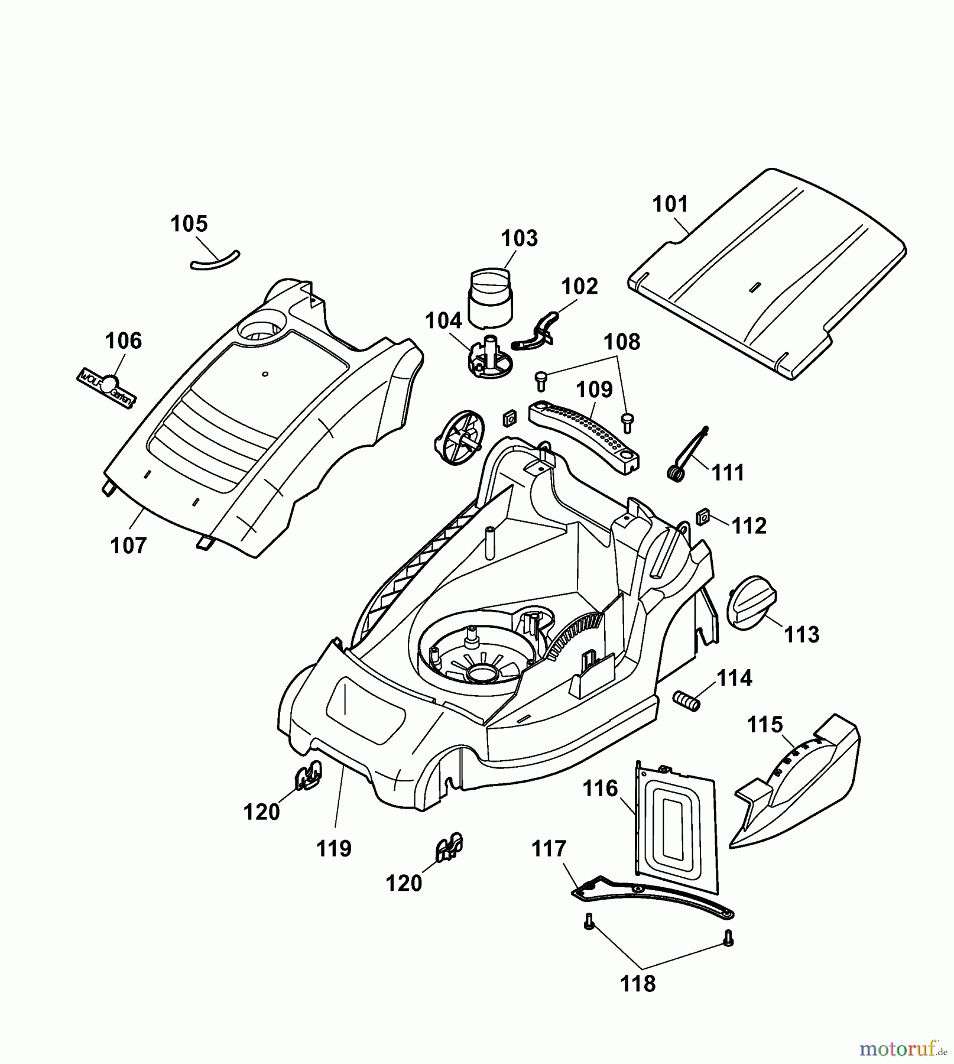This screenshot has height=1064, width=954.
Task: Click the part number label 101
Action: point(670,205)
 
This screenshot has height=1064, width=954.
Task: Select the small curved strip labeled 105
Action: point(215,260)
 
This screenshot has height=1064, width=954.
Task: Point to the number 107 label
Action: point(128,545)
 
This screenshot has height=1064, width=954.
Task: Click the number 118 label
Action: point(638,984)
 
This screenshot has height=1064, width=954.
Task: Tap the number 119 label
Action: point(334,848)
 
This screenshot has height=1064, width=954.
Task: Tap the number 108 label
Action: point(622,342)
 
